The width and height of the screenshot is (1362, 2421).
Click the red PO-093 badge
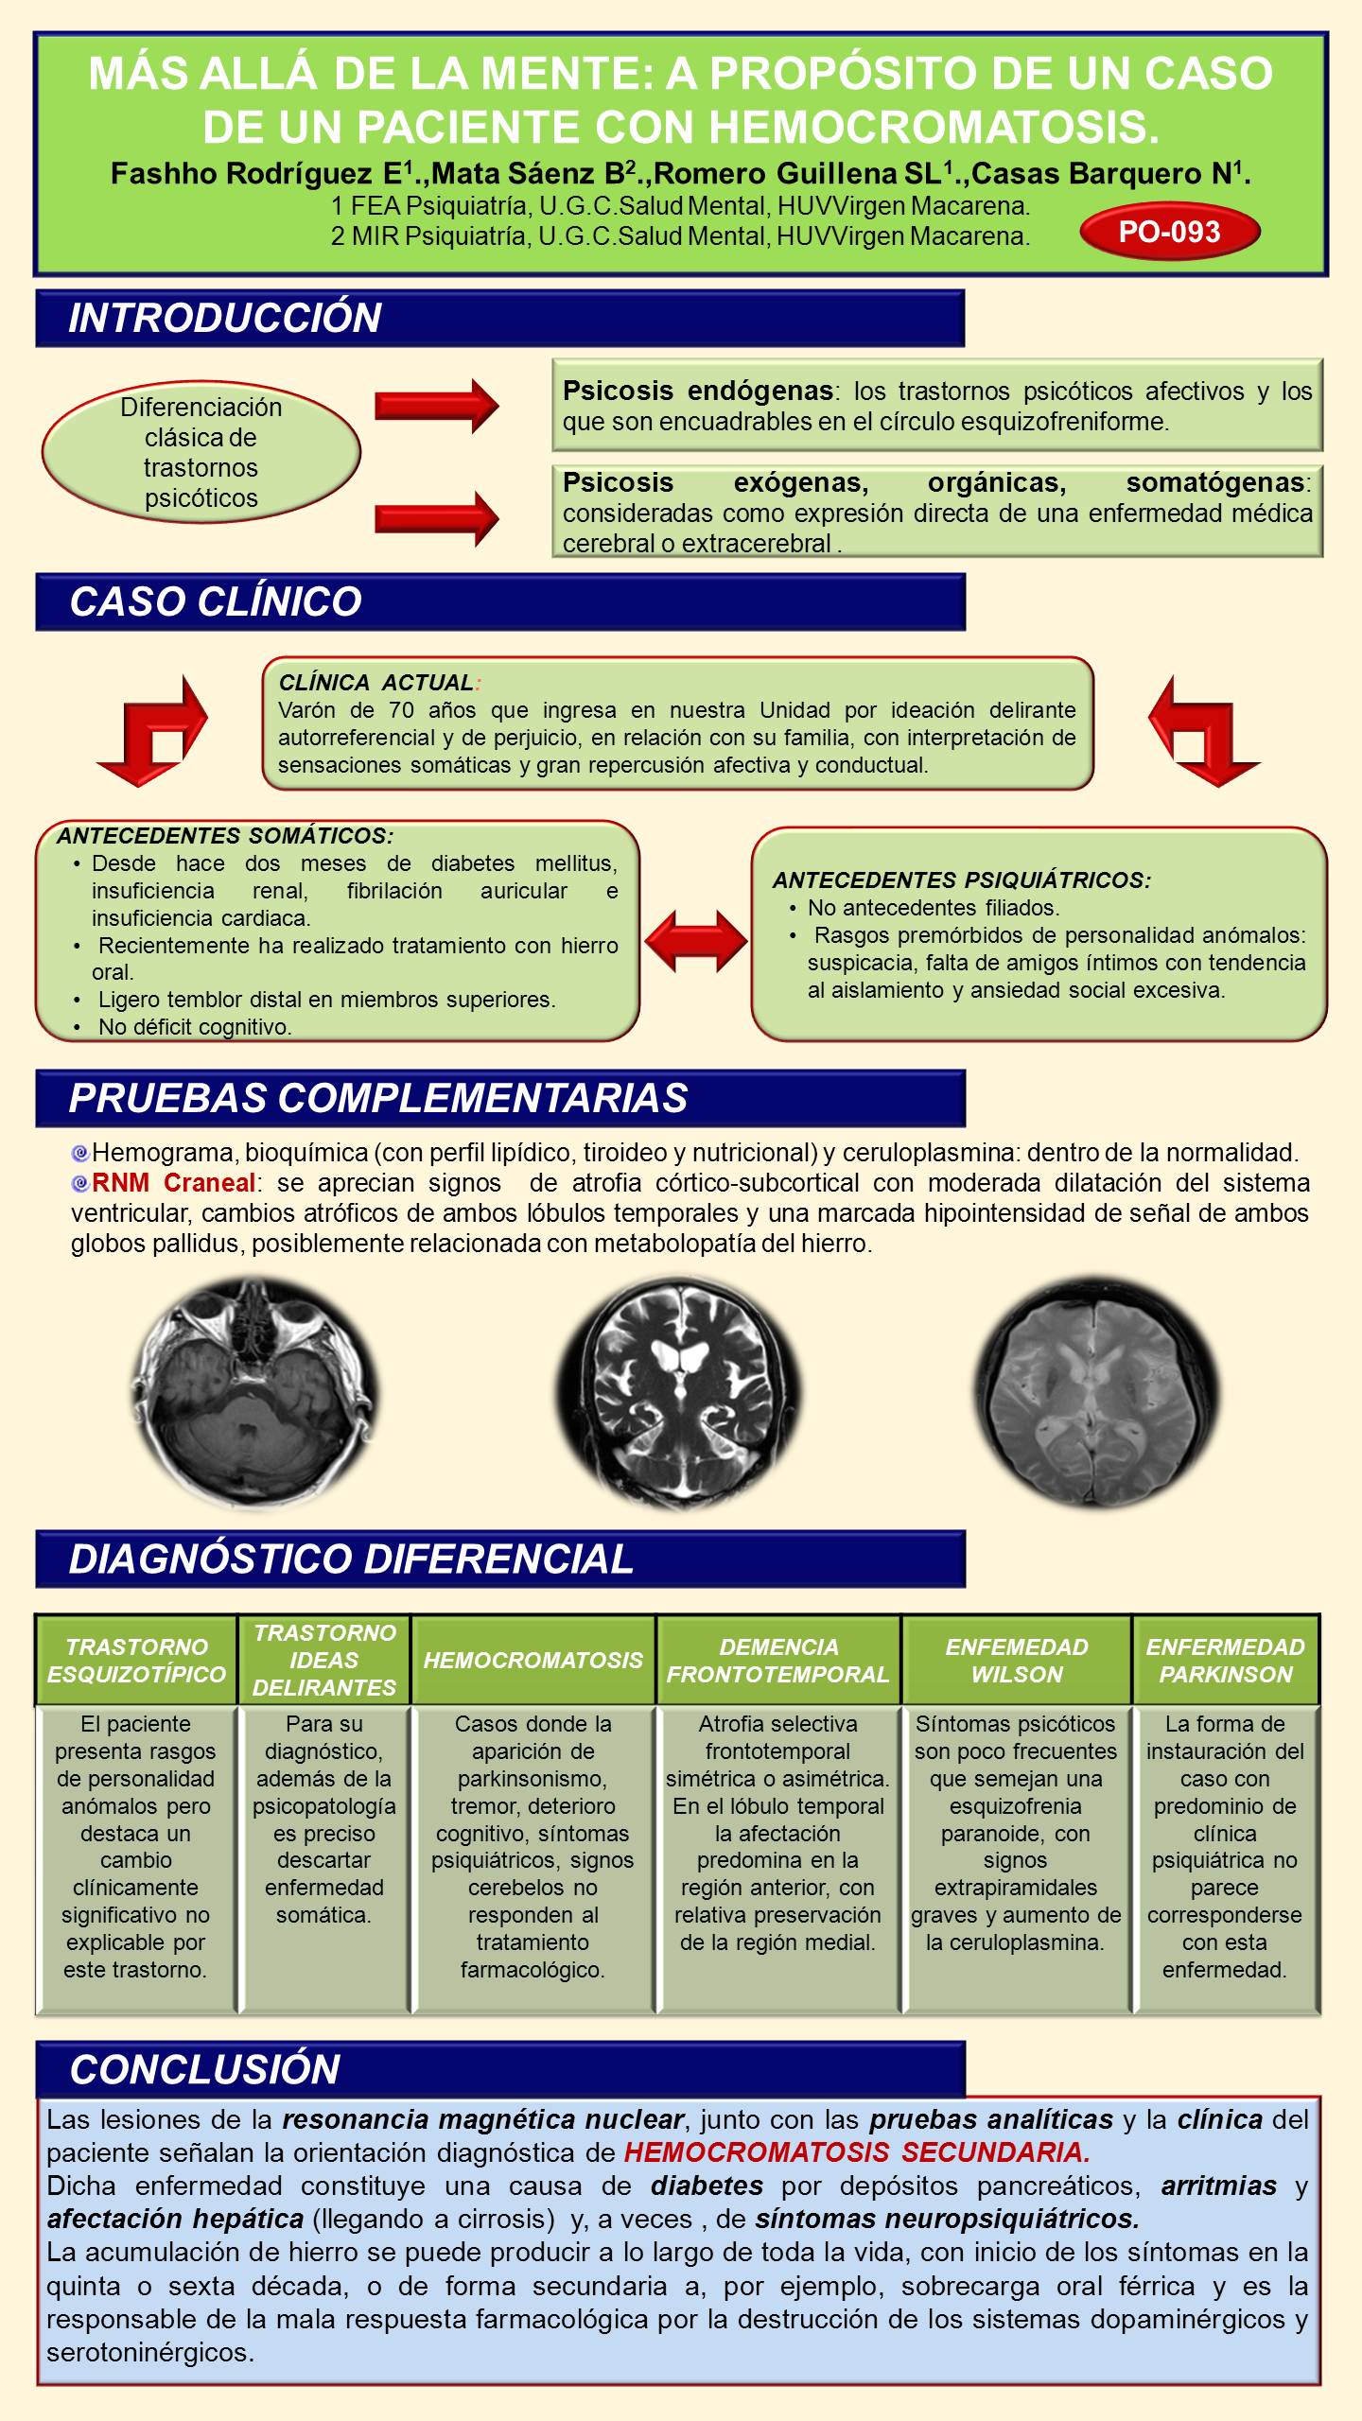[1170, 232]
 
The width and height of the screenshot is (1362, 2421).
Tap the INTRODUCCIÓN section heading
[225, 318]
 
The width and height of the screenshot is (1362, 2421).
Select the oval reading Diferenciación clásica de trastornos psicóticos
[201, 452]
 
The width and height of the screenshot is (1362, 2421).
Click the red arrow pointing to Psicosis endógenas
[436, 405]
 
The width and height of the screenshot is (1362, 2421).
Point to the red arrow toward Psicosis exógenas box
[436, 517]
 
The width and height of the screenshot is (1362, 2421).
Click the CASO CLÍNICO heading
[216, 601]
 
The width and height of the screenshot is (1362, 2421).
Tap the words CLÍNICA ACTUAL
[376, 682]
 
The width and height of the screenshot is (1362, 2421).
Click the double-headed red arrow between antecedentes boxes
[695, 940]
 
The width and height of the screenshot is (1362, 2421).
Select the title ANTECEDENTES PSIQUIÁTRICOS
[962, 880]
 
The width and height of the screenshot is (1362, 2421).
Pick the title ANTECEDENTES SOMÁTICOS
[225, 836]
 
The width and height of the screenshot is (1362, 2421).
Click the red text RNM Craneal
[174, 1182]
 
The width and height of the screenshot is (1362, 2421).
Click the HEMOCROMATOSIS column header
[533, 1660]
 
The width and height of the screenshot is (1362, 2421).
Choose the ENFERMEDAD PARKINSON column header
[1226, 1660]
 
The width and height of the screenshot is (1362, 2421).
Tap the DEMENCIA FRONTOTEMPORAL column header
[778, 1660]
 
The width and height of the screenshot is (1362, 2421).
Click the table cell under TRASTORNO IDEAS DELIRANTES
[324, 1858]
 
